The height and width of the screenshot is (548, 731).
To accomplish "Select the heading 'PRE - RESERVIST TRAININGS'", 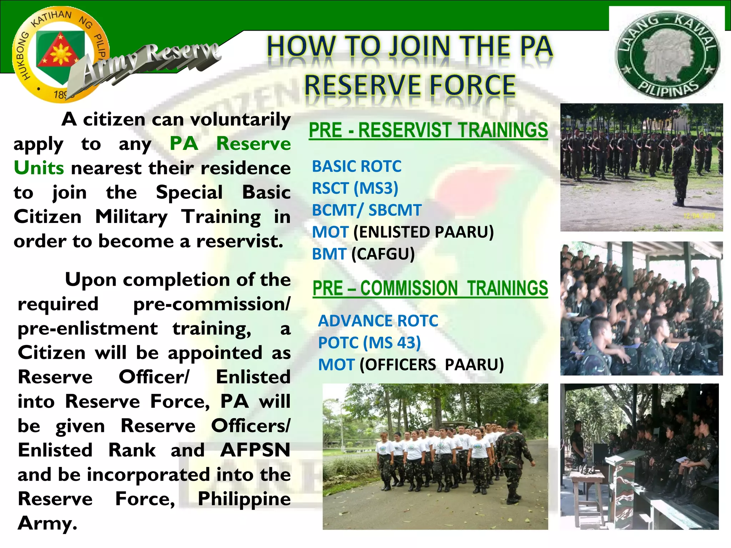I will pyautogui.click(x=428, y=130).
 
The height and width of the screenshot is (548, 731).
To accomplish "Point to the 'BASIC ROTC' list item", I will pyautogui.click(x=357, y=166).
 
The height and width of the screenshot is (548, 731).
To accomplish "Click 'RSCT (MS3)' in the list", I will pyautogui.click(x=355, y=188).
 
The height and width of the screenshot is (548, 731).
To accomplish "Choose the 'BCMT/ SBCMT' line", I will pyautogui.click(x=367, y=210).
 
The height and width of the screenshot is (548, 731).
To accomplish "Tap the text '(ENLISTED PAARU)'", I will pyautogui.click(x=423, y=232).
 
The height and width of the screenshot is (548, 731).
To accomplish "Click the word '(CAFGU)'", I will pyautogui.click(x=383, y=254).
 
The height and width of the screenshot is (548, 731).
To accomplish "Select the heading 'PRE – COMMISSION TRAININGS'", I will pyautogui.click(x=430, y=288).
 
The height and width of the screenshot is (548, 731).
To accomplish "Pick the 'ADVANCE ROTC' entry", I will pyautogui.click(x=378, y=321).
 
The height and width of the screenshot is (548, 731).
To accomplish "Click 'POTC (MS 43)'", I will pyautogui.click(x=369, y=343).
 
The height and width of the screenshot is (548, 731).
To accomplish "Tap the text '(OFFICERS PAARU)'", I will pyautogui.click(x=432, y=365).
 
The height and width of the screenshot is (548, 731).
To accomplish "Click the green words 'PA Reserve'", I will pyautogui.click(x=230, y=144).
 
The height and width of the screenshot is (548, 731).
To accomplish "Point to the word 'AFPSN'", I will pyautogui.click(x=255, y=450).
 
